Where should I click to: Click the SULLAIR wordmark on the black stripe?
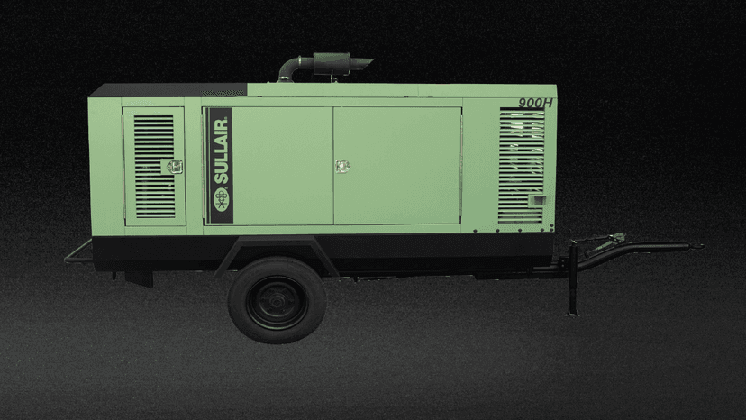[x=222, y=150]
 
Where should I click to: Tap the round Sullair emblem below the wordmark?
[x=222, y=199]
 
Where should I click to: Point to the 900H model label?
[x=535, y=103]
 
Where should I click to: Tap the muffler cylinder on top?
[x=332, y=63]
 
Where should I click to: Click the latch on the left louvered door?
[x=174, y=166]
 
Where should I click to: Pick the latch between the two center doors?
[x=342, y=166]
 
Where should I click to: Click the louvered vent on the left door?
[x=154, y=166]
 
